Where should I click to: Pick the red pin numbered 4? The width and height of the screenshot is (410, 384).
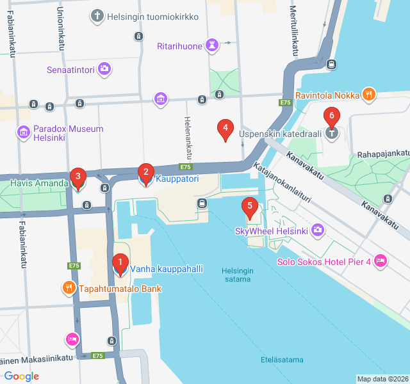[x=224, y=129]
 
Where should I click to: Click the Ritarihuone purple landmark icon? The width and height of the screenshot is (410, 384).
[x=211, y=45]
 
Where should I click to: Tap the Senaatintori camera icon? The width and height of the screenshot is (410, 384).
[x=104, y=68]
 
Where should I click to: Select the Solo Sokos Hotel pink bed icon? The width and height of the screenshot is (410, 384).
[x=381, y=260]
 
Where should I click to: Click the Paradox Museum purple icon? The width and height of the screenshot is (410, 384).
[x=24, y=133]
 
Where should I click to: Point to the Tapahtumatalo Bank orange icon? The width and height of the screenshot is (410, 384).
[x=69, y=288]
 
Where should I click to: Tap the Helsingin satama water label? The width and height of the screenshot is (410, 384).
[x=238, y=275]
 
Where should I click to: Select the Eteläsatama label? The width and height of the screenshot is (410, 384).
[x=282, y=360]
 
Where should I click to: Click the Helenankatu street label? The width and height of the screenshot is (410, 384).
[x=188, y=138]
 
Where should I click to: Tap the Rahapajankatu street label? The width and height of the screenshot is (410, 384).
[x=383, y=153]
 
